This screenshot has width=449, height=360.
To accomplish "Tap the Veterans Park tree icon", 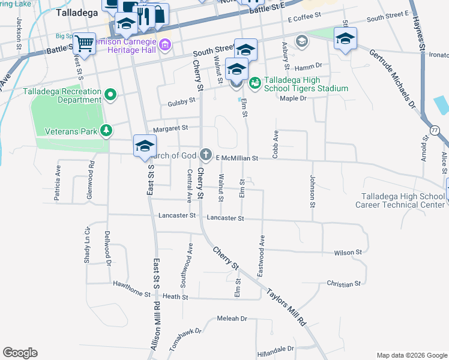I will pos(106,130).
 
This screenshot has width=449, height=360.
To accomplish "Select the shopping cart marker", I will pos(85,43).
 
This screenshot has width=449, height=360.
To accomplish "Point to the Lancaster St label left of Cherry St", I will pos(177,215).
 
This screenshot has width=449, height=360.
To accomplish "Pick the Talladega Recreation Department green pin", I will pos(110,94).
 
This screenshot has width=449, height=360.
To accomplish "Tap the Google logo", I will pos(20,353).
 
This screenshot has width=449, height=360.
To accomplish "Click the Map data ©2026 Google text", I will pos(411,355).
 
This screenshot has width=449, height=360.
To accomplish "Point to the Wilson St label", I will pos(348,253).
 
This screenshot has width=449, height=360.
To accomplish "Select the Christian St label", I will pos(343,283).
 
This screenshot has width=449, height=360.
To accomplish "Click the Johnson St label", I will pos(312,190).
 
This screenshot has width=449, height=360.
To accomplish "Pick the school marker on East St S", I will pos(145,146).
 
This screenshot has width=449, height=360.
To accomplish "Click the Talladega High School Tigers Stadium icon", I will pos(254,83).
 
